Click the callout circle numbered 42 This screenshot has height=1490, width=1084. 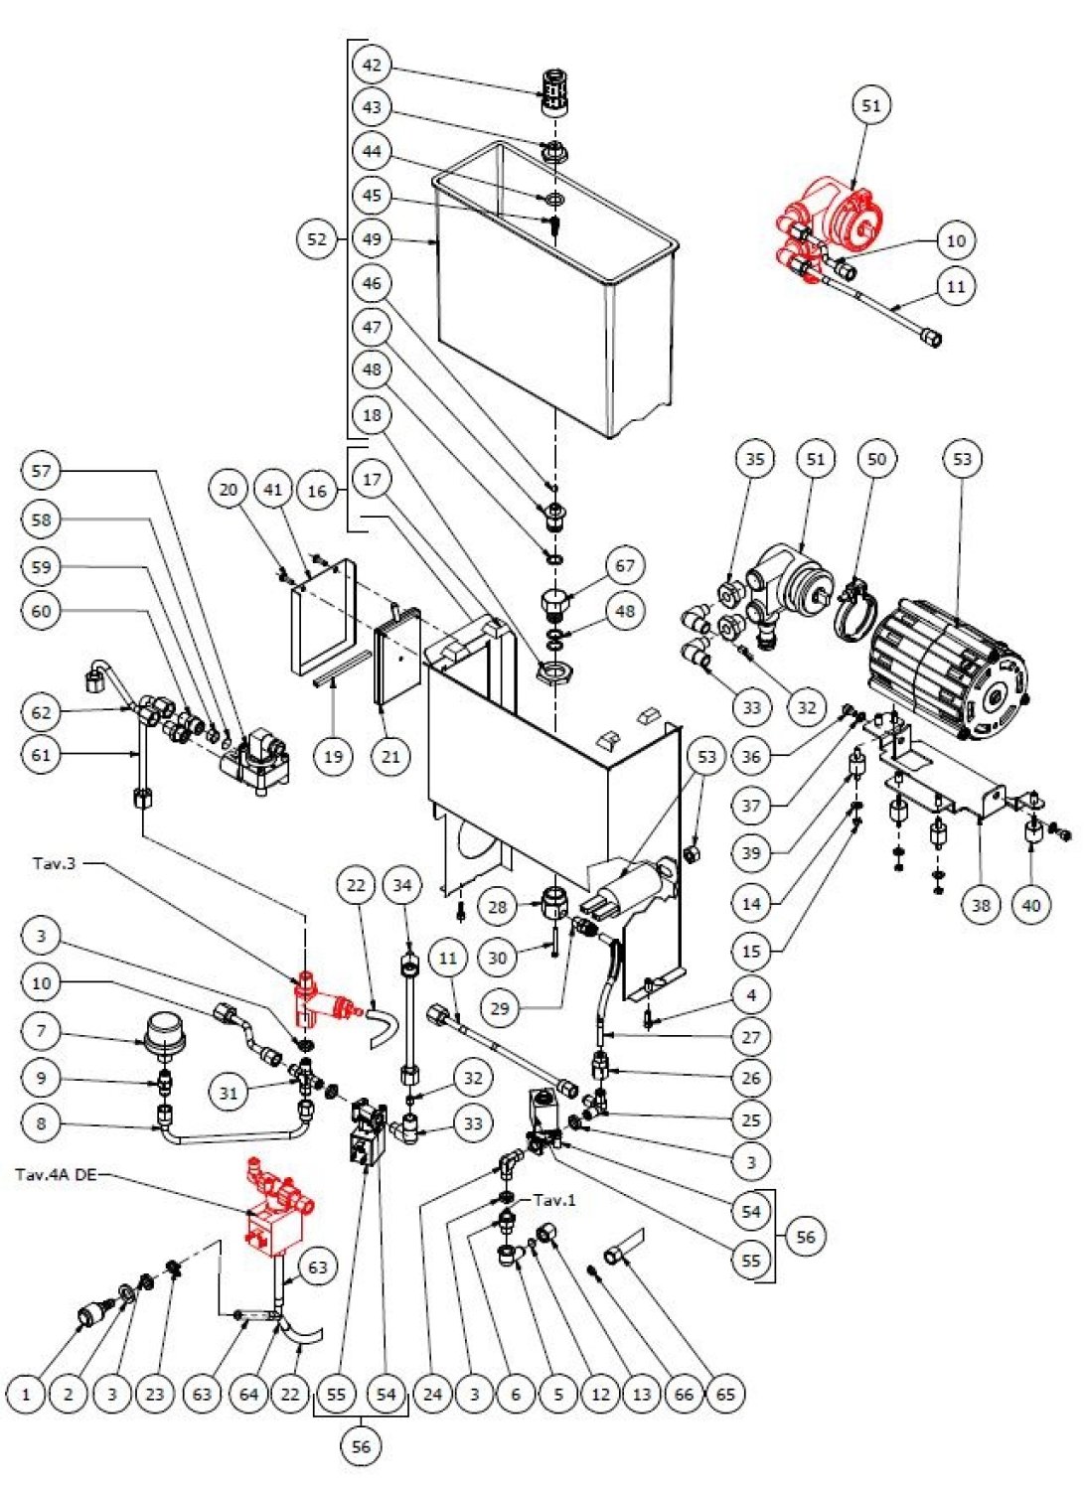pos(372,66)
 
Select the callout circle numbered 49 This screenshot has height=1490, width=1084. pos(372,239)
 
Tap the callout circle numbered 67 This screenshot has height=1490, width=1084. pos(625,566)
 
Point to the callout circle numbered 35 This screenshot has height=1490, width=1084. pos(755,459)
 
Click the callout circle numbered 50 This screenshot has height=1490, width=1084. pos(876,459)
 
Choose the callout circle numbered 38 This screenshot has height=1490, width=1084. pos(982,904)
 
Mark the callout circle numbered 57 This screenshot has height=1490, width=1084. pos(41,471)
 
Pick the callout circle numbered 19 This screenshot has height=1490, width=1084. pos(333,756)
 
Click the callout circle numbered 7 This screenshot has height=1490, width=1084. pos(41,1030)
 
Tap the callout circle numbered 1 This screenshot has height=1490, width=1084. pos(26,1394)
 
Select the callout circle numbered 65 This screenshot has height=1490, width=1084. pos(726,1394)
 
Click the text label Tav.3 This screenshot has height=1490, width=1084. pos(54,863)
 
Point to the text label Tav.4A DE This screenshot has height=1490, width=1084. pos(56,1175)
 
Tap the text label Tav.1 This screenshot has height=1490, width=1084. pos(554,1200)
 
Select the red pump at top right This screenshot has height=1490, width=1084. pos(830,223)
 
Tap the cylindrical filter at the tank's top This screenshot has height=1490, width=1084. pos(553,92)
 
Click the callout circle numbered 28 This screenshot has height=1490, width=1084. pos(498,906)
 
